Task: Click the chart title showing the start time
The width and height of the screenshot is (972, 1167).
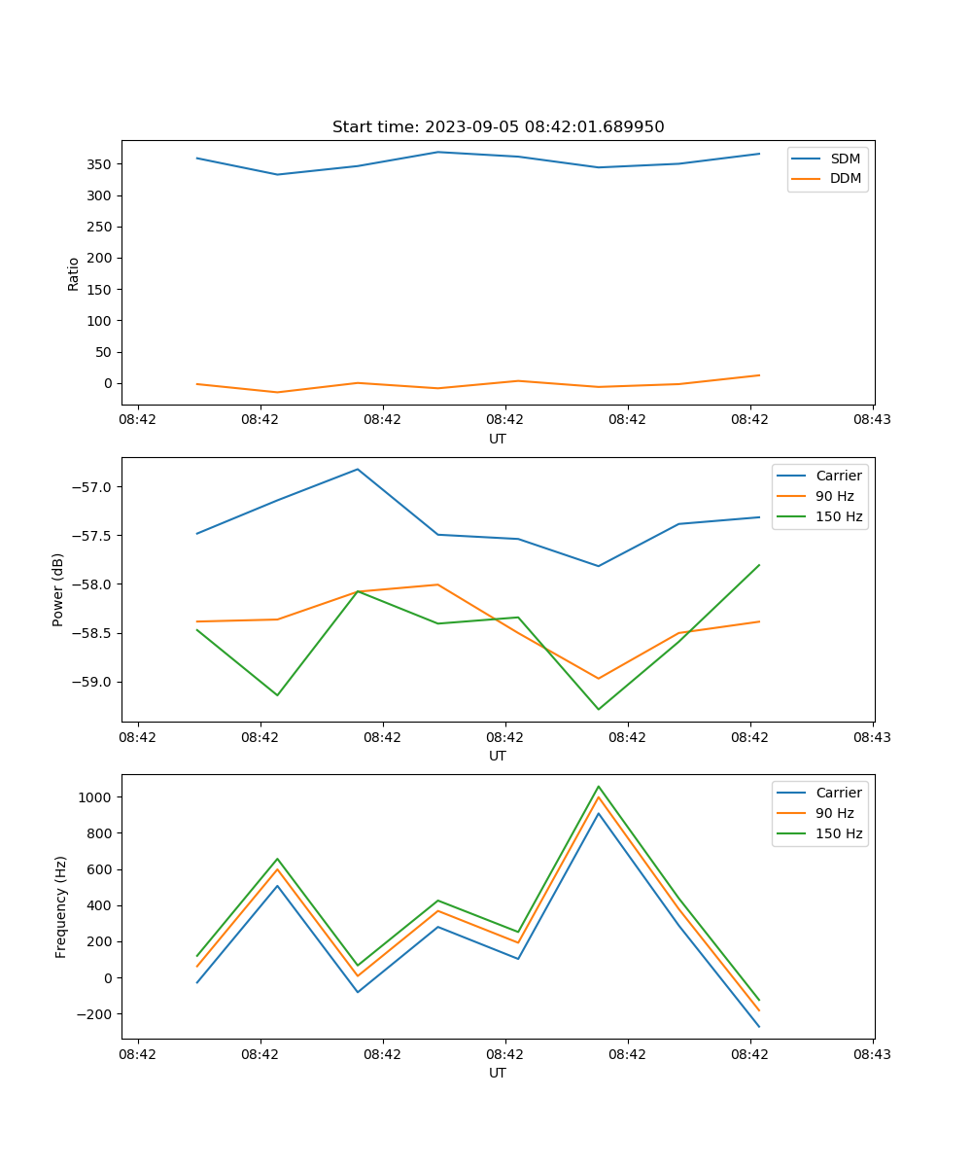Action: [498, 127]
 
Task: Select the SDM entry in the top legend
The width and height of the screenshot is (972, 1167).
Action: [845, 159]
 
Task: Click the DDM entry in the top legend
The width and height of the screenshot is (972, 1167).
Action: [845, 178]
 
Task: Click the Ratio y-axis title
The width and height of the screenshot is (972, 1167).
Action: [74, 273]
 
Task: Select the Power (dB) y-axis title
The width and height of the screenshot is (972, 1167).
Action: [58, 589]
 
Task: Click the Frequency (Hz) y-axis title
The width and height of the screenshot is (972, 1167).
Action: [60, 906]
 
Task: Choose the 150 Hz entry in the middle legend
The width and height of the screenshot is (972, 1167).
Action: [839, 516]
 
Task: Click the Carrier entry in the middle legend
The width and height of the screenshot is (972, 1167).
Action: [838, 476]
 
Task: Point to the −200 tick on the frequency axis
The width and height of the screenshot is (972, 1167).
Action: [95, 1014]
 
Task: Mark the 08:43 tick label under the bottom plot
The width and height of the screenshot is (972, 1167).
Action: [873, 1054]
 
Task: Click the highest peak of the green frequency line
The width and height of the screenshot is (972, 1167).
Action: [599, 786]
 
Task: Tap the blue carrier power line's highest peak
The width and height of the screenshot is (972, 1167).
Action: [358, 469]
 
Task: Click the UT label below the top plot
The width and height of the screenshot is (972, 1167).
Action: [498, 439]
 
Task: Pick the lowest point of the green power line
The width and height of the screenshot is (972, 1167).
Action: [599, 709]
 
